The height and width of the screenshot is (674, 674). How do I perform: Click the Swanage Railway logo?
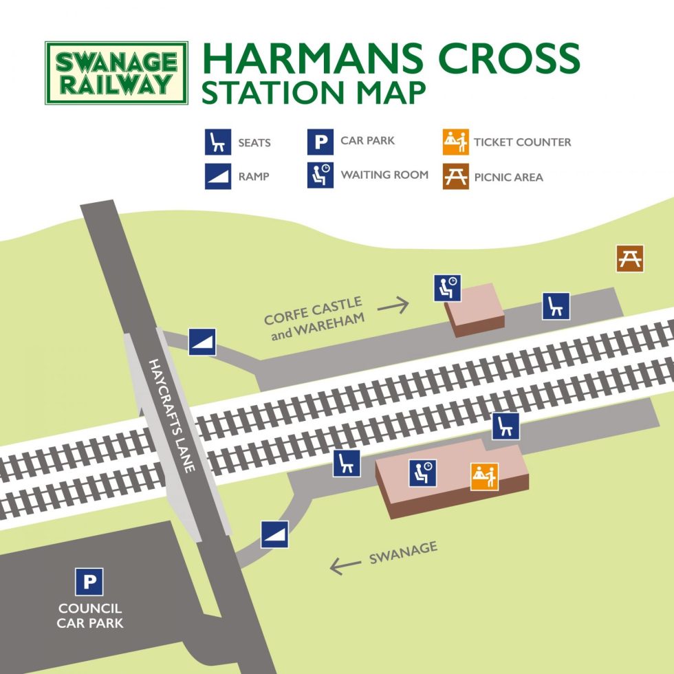[116, 73]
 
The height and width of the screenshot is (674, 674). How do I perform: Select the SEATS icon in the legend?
[217, 142]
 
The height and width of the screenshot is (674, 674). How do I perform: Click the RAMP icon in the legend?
[217, 176]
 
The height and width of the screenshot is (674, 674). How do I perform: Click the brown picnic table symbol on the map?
[629, 259]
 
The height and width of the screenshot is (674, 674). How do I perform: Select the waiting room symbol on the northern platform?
[447, 287]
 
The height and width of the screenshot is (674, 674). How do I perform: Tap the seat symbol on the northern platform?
[556, 306]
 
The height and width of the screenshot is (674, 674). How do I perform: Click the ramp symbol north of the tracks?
[202, 342]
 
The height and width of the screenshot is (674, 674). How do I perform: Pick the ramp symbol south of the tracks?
[274, 534]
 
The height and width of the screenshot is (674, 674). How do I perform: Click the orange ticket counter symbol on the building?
[484, 477]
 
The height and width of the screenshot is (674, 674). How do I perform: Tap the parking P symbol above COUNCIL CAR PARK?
[89, 582]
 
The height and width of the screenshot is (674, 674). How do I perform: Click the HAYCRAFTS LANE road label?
[173, 415]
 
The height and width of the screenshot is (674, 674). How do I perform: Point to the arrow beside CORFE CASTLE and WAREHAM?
[393, 305]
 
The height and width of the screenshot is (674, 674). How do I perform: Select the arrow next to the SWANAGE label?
[345, 566]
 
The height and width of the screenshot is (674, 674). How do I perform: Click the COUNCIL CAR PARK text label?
[90, 616]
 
